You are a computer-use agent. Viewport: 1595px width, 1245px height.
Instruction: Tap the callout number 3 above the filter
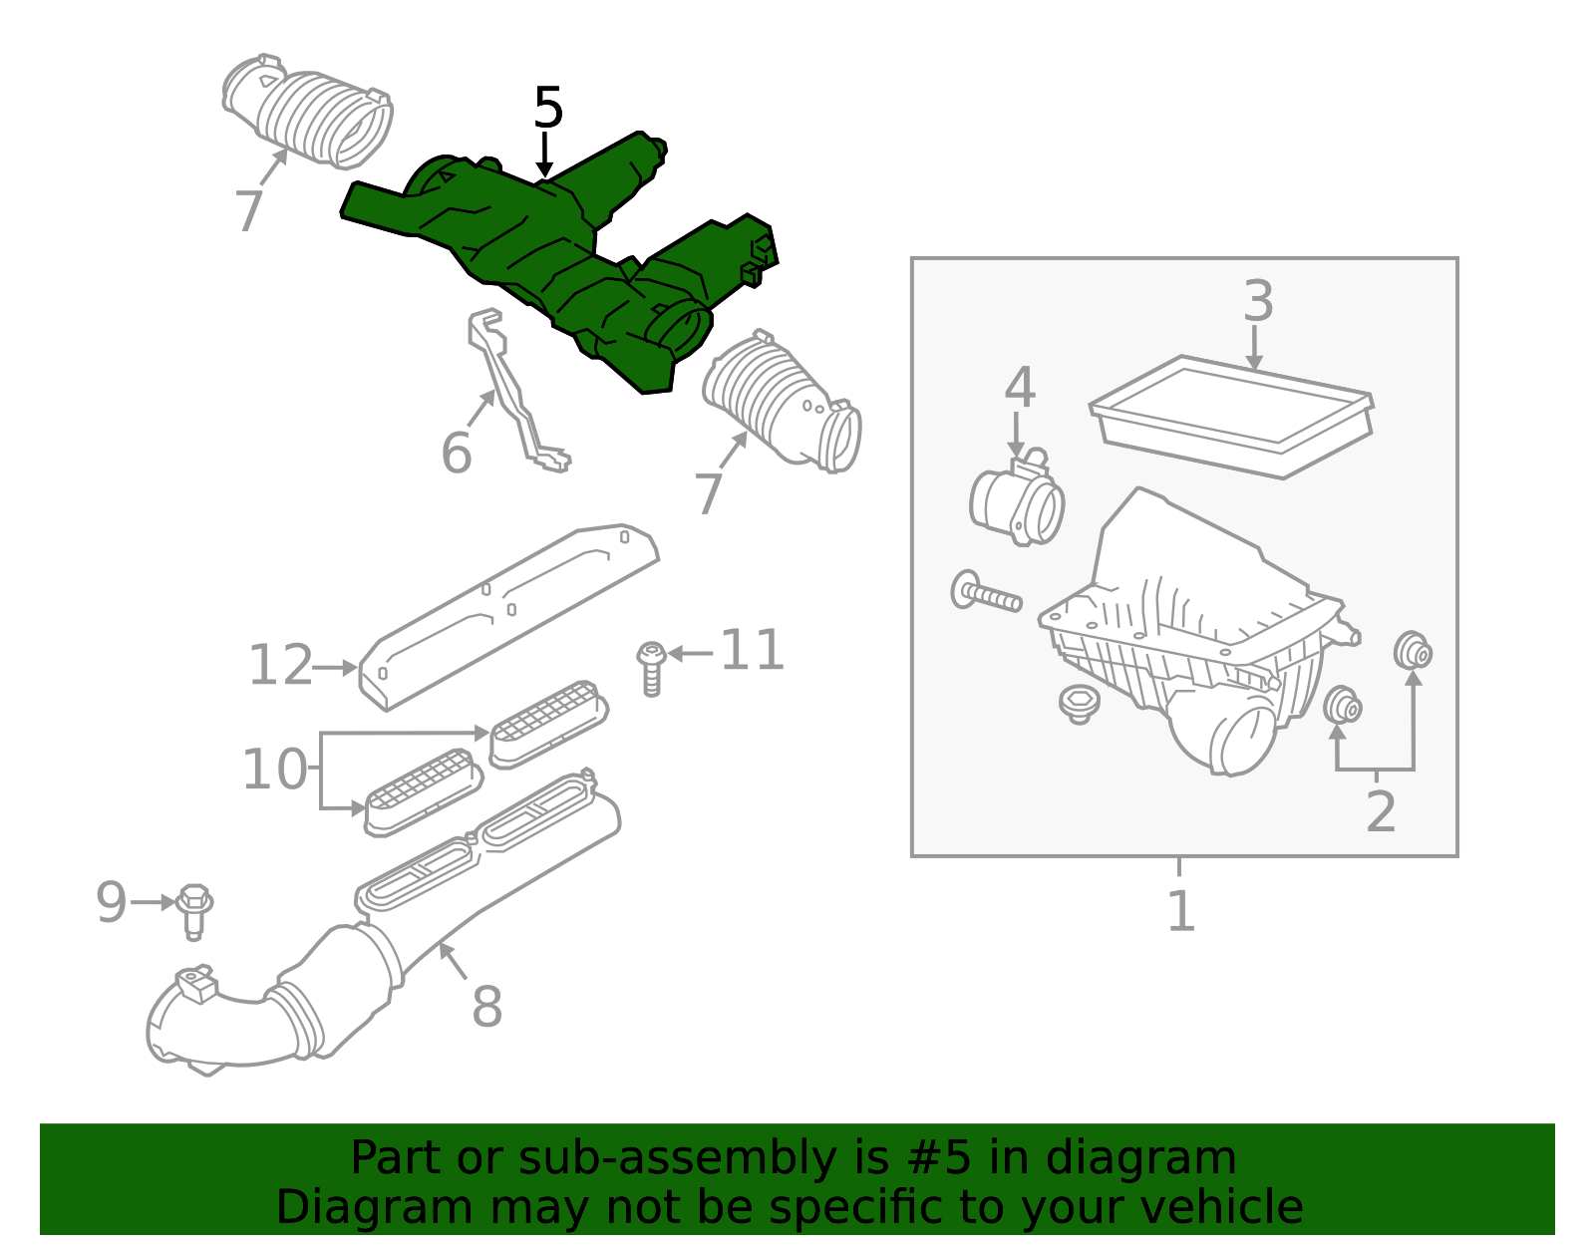click(x=1258, y=301)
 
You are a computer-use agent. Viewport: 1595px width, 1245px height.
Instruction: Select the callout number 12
click(x=280, y=665)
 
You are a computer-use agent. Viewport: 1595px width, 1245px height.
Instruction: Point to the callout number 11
click(x=753, y=650)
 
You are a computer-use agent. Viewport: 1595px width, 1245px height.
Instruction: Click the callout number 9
click(x=112, y=902)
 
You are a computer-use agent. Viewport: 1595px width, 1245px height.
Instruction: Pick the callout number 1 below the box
click(x=1181, y=912)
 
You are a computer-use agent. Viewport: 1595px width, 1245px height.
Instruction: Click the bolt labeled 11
click(x=651, y=669)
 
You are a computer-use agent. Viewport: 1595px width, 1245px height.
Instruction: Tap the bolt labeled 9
click(x=194, y=912)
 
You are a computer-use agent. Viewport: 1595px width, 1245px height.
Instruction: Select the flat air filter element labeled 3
click(x=1232, y=416)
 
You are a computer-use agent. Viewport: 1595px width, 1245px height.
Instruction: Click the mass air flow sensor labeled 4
click(x=1018, y=498)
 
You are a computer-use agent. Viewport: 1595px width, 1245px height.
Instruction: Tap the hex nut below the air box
click(x=1079, y=705)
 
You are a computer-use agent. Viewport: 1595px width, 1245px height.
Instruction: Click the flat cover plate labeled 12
click(x=509, y=617)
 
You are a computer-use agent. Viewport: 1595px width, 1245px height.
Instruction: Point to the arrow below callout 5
click(x=544, y=155)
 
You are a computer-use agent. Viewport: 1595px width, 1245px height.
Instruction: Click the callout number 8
click(x=486, y=1007)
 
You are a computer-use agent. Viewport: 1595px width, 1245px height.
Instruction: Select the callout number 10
click(x=274, y=770)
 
